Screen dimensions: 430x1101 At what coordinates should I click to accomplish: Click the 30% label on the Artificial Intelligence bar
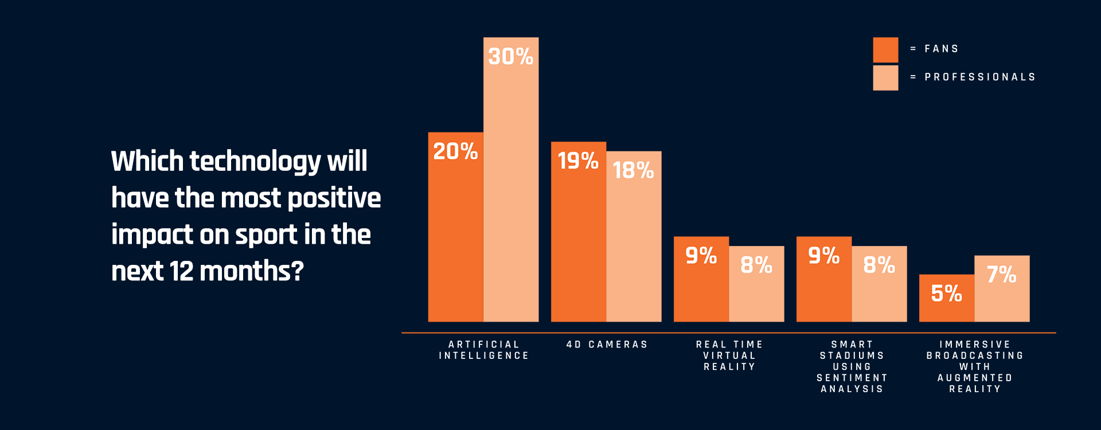pos(510,57)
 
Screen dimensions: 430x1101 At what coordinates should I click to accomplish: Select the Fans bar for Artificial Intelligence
pos(455,241)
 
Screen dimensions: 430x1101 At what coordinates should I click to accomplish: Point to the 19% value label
pos(578,161)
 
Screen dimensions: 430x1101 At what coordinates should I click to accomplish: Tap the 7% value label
pos(1001,275)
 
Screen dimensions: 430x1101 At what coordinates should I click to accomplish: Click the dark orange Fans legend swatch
pos(885,50)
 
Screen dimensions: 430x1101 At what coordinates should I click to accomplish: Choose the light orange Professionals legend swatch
pos(885,78)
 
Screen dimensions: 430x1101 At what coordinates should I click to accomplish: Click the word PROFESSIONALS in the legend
pos(980,77)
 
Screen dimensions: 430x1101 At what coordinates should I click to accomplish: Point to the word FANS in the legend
pos(942,49)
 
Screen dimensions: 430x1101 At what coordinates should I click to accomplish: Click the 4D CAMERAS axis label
pos(607,345)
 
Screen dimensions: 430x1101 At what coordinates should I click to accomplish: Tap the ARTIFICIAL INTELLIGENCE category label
pos(484,350)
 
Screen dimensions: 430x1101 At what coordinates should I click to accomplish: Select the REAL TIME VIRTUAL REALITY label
pos(729,355)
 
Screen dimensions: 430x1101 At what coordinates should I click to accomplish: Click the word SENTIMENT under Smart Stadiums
pos(852,378)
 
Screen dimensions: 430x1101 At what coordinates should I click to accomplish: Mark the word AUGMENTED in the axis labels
pos(975,378)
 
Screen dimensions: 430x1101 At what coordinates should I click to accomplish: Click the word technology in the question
pos(255,162)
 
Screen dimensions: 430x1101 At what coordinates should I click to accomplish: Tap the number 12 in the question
pos(181,271)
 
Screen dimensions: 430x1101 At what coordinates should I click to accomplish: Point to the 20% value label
pos(455,152)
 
